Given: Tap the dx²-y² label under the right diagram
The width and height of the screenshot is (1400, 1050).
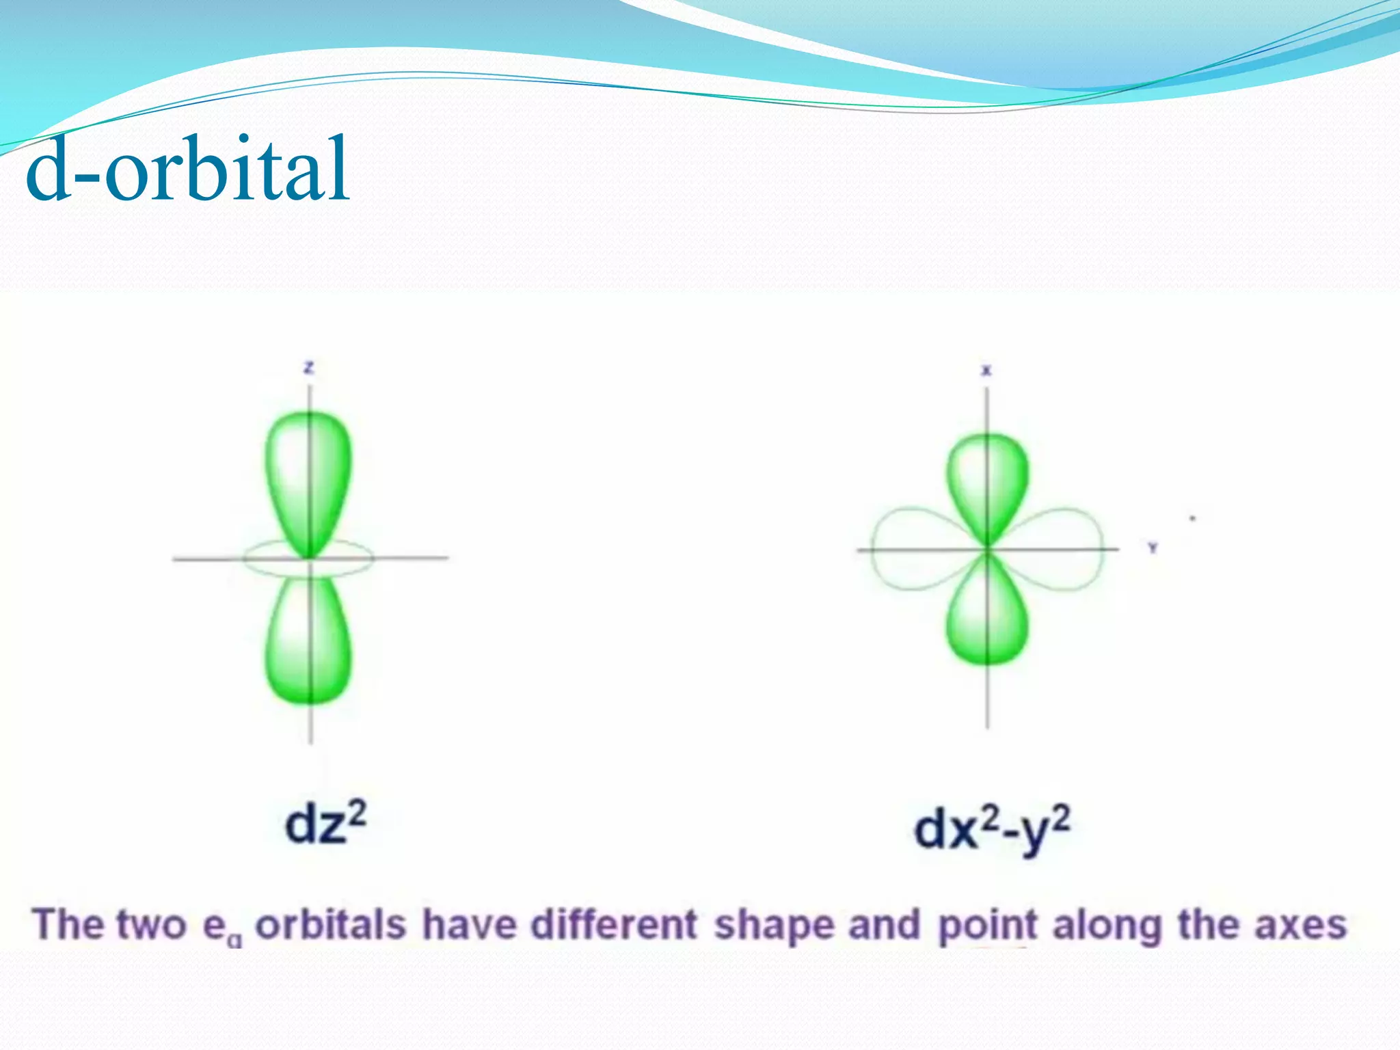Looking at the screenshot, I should click(x=992, y=829).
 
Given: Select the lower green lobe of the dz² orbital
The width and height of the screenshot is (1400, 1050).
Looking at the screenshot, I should click(x=308, y=643).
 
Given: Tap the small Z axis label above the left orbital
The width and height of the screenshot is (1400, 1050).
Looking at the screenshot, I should click(x=309, y=368).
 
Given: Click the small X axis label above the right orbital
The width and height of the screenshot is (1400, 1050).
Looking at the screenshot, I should click(x=986, y=371).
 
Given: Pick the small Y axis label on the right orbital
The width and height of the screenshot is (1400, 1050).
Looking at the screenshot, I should click(x=1153, y=548).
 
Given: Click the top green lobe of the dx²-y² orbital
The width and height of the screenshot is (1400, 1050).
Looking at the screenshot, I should click(x=987, y=482).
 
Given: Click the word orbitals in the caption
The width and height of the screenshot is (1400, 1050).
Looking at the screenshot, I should click(x=331, y=926).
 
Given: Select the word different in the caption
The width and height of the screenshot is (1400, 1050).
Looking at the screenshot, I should click(x=614, y=926).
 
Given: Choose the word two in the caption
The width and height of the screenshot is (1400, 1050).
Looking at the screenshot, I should click(x=151, y=926).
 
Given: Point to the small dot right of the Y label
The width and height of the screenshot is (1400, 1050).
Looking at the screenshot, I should click(x=1193, y=519).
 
